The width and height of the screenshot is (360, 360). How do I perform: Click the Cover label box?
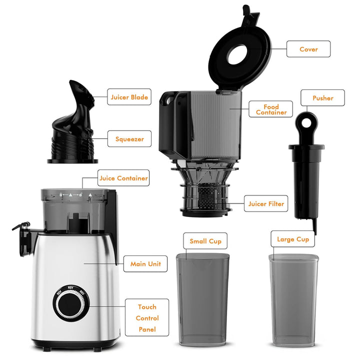click(308, 49)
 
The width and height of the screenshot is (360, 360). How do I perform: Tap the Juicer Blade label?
click(129, 97)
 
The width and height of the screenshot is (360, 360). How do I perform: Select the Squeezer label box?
click(129, 139)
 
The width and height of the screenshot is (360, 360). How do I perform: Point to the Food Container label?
click(271, 109)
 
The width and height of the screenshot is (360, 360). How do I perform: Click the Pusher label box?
click(322, 98)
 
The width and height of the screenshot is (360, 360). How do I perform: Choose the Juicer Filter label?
click(266, 203)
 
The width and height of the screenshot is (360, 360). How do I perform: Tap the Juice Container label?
click(123, 178)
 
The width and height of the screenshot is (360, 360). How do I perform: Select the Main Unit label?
click(145, 263)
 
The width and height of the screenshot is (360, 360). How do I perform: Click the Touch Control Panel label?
click(147, 318)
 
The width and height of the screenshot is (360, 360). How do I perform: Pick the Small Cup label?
click(205, 241)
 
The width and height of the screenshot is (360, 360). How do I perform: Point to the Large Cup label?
click(292, 239)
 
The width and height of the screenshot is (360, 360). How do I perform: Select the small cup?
click(203, 300)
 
